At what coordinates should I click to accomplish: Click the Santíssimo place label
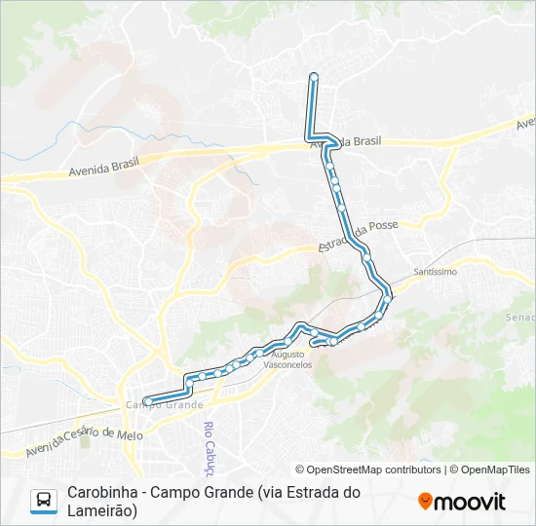coord(435,272)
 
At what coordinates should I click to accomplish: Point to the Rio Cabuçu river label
coord(208,443)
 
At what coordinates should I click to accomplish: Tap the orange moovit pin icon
coord(425,502)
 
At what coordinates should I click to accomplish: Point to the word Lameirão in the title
coord(101,509)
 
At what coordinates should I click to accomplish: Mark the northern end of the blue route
coord(313,76)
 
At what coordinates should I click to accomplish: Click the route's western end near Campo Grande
coord(147,400)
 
